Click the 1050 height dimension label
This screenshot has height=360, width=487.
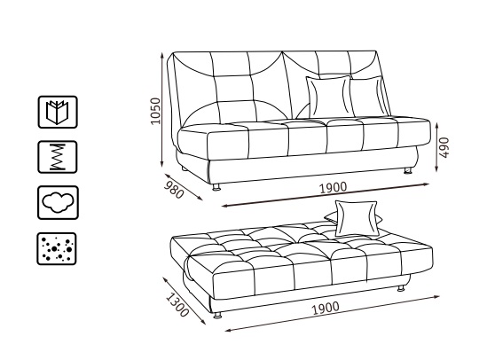click(x=156, y=111)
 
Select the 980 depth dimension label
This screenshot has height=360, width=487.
click(x=174, y=190)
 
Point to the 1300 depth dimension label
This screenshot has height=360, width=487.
click(x=177, y=305)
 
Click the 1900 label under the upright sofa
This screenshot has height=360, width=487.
click(x=334, y=188)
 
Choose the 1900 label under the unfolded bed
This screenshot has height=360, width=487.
click(x=326, y=309)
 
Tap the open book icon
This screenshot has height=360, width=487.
click(x=58, y=112)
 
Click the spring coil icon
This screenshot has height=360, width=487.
click(x=58, y=157)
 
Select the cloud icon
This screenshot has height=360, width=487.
click(x=58, y=203)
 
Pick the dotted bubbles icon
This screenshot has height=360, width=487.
click(x=57, y=248)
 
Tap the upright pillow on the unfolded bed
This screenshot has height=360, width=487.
click(x=357, y=218)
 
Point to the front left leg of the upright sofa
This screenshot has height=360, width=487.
click(x=216, y=186)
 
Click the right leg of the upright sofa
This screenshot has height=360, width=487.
click(x=408, y=170)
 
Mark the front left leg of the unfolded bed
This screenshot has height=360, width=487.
click(x=218, y=315)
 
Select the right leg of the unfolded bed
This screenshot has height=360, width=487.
click(x=401, y=288)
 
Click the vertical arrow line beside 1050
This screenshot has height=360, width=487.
click(x=161, y=110)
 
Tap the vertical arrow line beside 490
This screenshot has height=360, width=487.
click(x=436, y=147)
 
